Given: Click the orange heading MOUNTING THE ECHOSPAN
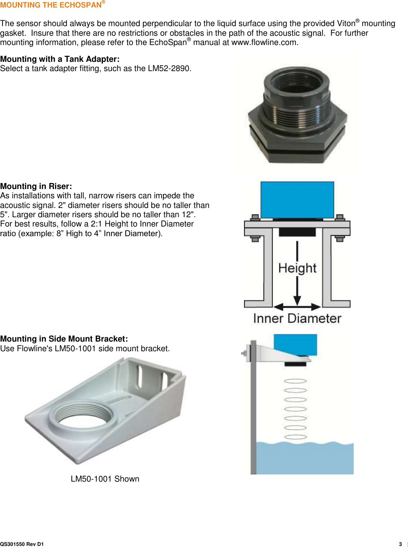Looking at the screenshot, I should pyautogui.click(x=51, y=5).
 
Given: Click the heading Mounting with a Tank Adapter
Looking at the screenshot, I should pyautogui.click(x=60, y=59).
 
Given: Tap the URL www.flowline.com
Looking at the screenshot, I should pyautogui.click(x=264, y=43).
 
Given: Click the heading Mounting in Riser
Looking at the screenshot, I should pyautogui.click(x=36, y=186).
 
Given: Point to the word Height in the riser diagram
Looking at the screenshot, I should pyautogui.click(x=297, y=268).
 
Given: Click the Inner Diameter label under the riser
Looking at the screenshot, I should pyautogui.click(x=297, y=318).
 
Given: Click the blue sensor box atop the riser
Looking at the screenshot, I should pyautogui.click(x=297, y=199).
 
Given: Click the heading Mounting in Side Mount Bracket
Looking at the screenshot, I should pyautogui.click(x=64, y=339).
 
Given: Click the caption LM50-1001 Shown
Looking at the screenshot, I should pyautogui.click(x=105, y=479).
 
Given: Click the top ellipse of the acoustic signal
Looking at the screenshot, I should pyautogui.click(x=295, y=381).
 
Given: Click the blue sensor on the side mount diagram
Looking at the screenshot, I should pyautogui.click(x=295, y=344).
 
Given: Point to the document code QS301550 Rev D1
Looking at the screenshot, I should pyautogui.click(x=22, y=544).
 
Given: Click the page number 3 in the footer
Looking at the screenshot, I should pyautogui.click(x=400, y=544).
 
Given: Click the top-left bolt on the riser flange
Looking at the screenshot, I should pyautogui.click(x=255, y=217).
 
